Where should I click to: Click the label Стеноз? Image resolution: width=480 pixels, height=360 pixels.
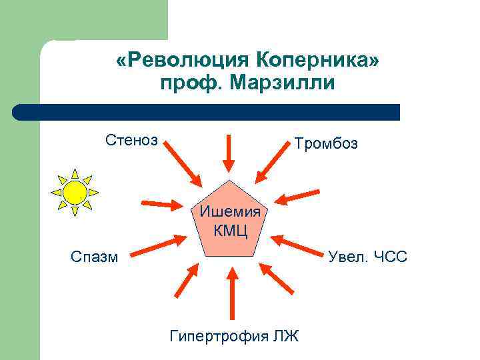[131, 140]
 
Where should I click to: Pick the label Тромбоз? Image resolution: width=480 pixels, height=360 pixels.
[326, 143]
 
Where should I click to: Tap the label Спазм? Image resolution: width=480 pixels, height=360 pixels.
[95, 256]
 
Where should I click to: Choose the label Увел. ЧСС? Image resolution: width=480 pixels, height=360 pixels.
[367, 256]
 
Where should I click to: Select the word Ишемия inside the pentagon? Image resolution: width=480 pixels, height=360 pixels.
[229, 213]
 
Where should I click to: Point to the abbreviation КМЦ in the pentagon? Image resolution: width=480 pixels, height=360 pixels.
[230, 231]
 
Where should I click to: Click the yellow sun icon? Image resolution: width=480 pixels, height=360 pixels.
[75, 192]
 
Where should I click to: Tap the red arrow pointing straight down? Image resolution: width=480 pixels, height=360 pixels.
[229, 152]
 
